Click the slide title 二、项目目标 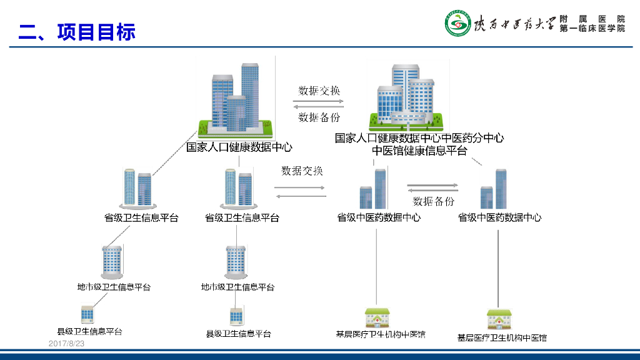(77, 32)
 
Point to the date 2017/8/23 (66, 344)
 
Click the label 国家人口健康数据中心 (239, 147)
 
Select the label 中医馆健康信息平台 (419, 151)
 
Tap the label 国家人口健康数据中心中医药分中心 (419, 138)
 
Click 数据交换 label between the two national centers (319, 91)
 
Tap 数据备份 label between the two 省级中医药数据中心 (433, 201)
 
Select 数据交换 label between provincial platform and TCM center (302, 171)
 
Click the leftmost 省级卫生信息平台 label (141, 218)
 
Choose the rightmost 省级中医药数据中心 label (499, 218)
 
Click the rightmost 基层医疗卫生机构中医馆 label (502, 338)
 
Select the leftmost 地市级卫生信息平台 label (114, 287)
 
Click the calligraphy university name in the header (514, 24)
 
